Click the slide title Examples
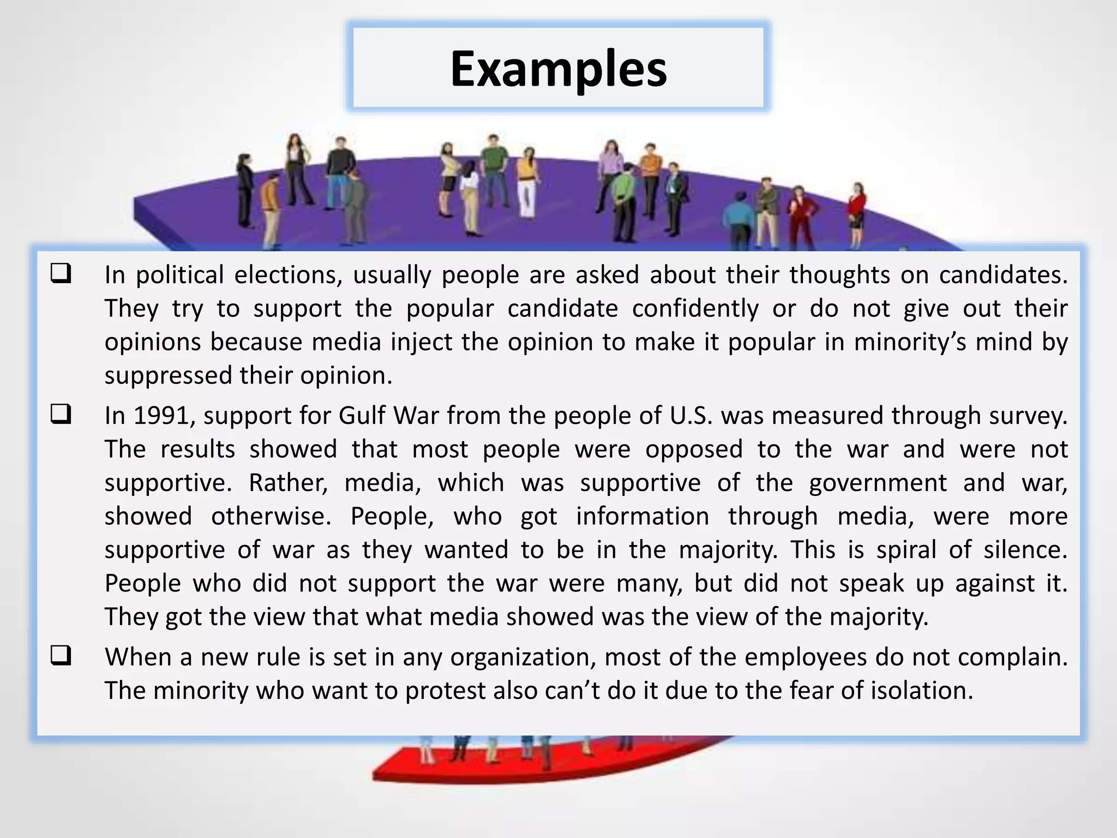tap(558, 69)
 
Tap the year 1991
tap(164, 416)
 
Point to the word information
tap(642, 517)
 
